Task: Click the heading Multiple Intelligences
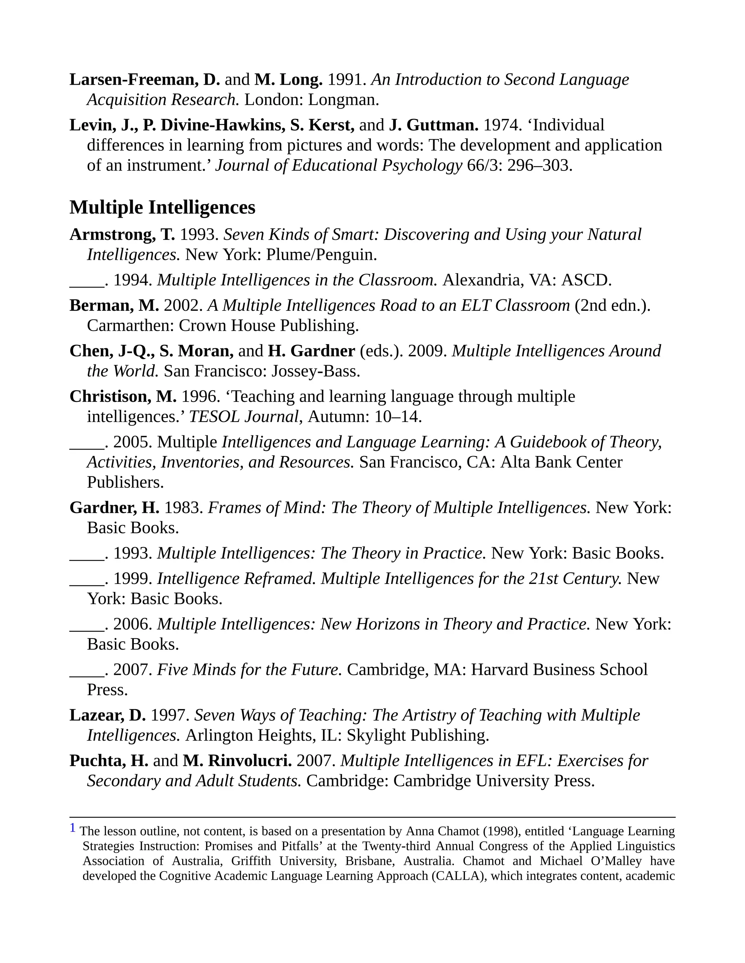click(162, 207)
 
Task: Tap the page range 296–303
click(539, 165)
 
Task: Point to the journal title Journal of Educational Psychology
click(339, 165)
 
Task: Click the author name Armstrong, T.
click(122, 235)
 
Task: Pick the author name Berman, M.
click(114, 305)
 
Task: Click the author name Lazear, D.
click(107, 715)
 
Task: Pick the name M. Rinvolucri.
click(238, 761)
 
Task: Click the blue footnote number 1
click(73, 827)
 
